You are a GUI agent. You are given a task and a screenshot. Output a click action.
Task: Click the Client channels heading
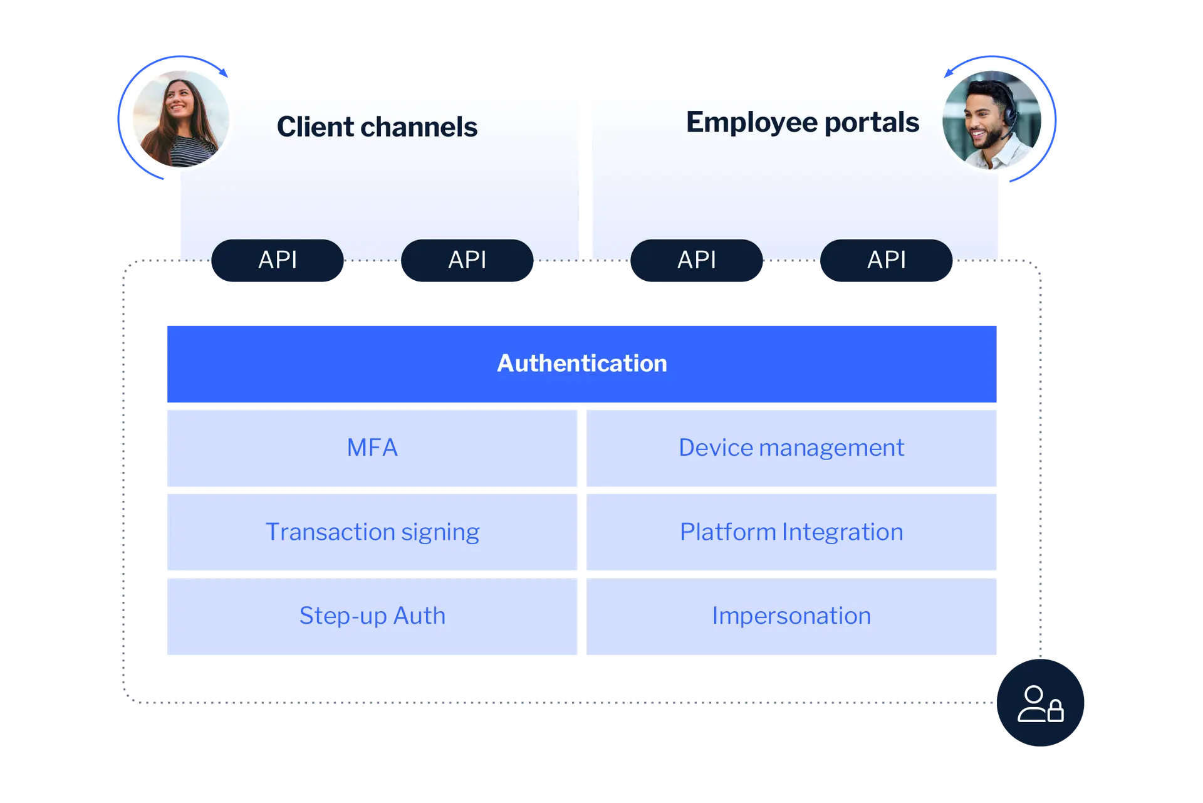[x=377, y=127]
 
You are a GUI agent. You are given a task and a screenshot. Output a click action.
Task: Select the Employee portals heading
[x=802, y=122]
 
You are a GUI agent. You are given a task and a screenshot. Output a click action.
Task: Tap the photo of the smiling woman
[x=180, y=119]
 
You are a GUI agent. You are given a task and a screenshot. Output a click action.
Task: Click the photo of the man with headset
[x=992, y=120]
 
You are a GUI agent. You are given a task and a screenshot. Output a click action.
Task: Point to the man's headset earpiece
[x=1009, y=113]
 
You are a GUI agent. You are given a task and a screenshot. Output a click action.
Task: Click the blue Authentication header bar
[x=581, y=364]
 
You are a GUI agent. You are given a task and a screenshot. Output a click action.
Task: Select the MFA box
[x=372, y=448]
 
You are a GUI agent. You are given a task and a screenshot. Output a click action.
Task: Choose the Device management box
[x=791, y=448]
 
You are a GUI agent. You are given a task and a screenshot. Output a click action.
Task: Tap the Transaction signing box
[x=372, y=532]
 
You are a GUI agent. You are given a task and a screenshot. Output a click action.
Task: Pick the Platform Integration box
[x=791, y=532]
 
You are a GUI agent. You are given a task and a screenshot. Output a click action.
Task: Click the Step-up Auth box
[x=372, y=616]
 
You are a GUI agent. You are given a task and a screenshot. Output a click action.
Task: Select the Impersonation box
[x=791, y=616]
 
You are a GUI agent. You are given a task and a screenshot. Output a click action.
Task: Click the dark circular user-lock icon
[x=1040, y=703]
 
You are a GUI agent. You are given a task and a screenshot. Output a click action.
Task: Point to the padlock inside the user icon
[x=1055, y=711]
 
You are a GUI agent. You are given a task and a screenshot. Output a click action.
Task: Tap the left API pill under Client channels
[x=278, y=260]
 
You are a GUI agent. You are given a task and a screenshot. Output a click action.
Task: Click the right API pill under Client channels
[x=467, y=260]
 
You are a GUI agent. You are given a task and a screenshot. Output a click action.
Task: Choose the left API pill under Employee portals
[x=696, y=260]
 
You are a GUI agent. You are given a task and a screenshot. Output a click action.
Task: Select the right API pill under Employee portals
[x=886, y=260]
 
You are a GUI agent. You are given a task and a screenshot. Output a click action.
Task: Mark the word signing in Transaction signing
[x=440, y=532]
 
